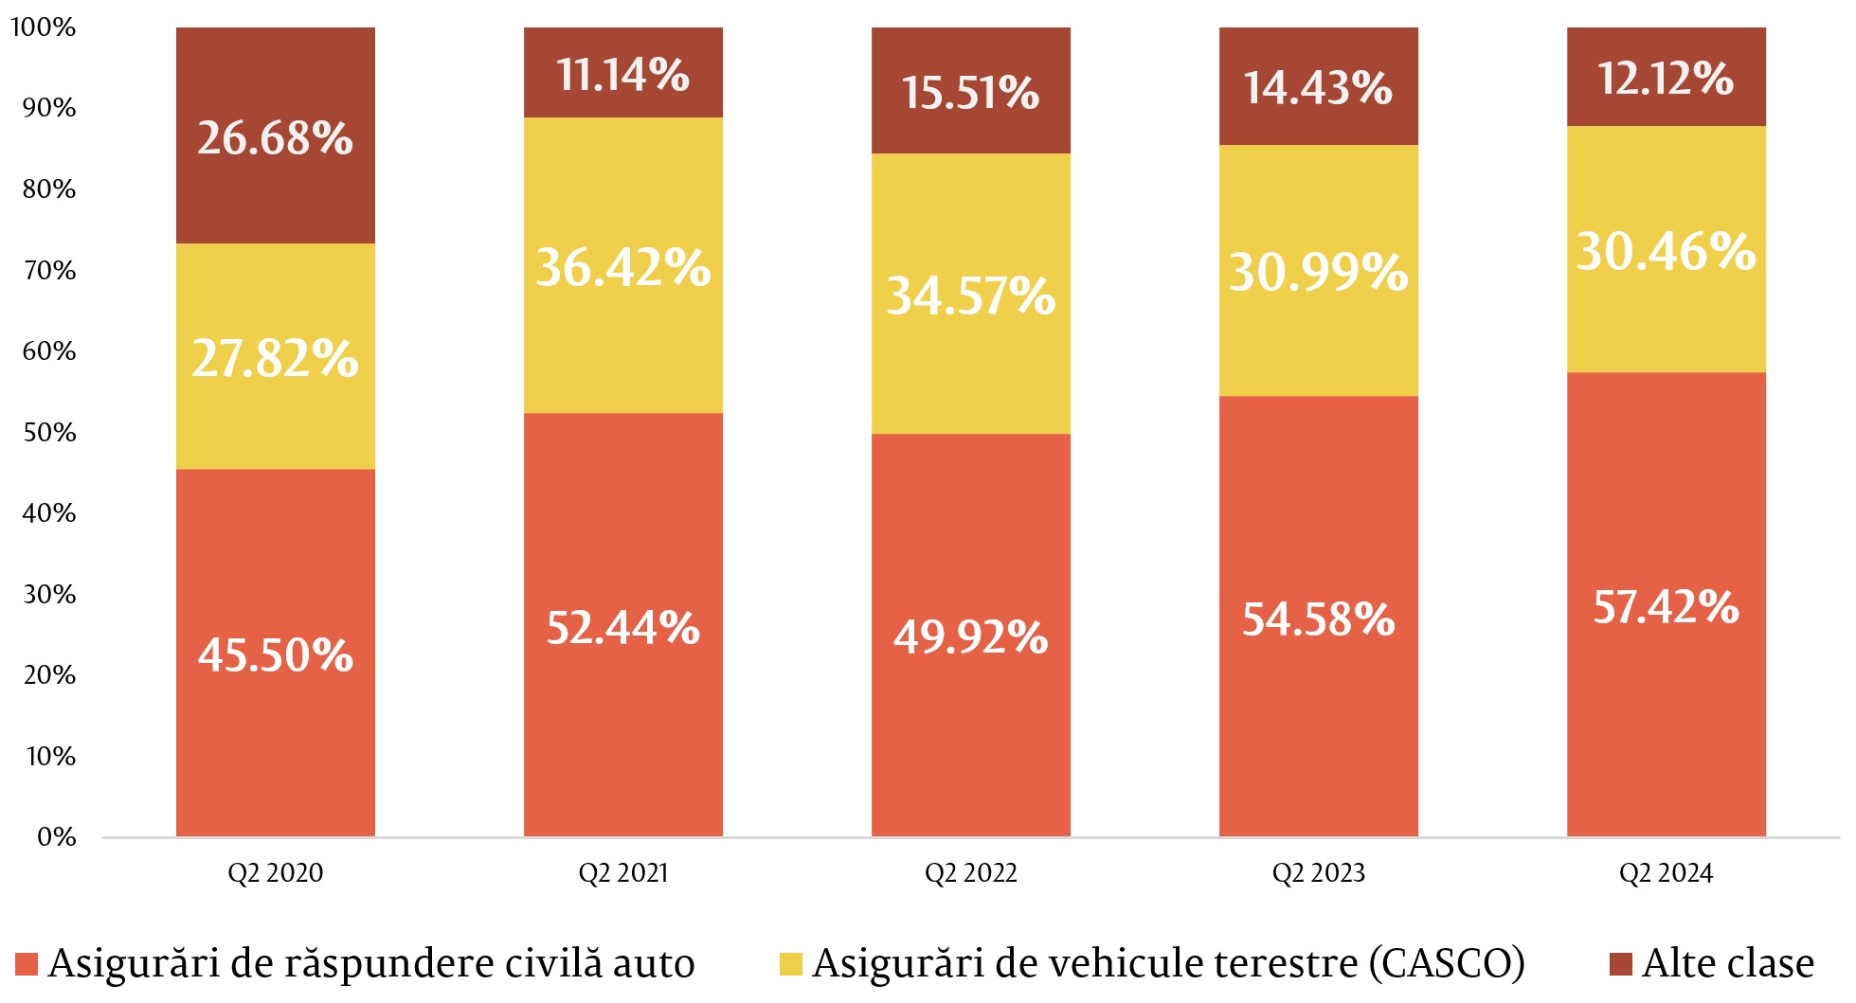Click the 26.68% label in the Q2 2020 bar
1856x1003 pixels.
point(275,138)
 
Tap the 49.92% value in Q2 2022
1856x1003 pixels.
point(970,636)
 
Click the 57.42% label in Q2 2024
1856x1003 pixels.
point(1666,607)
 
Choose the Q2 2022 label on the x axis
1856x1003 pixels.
point(970,873)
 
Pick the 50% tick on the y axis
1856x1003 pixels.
point(48,433)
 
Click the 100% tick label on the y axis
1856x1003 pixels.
point(44,27)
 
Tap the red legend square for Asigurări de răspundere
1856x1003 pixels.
point(27,964)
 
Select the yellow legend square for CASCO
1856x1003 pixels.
point(790,964)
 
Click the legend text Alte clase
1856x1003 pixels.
point(1728,963)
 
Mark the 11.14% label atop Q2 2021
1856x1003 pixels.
point(622,75)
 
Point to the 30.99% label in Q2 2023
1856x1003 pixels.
point(1318,272)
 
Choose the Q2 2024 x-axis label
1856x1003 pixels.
point(1666,873)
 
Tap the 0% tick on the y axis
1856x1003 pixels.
point(56,837)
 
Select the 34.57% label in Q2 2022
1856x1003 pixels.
point(970,296)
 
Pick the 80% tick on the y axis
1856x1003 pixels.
point(48,189)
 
